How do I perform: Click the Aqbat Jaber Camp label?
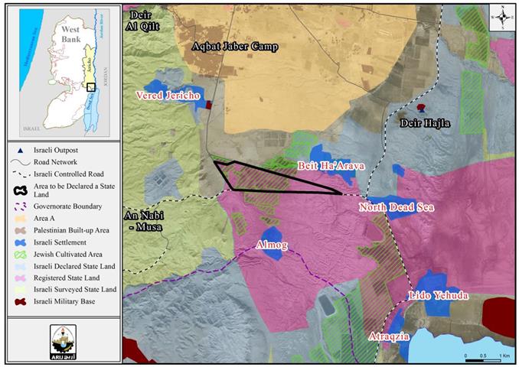click(234, 47)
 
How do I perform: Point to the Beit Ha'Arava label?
click(331, 165)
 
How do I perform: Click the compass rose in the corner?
click(500, 16)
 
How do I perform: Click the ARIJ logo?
click(63, 336)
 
